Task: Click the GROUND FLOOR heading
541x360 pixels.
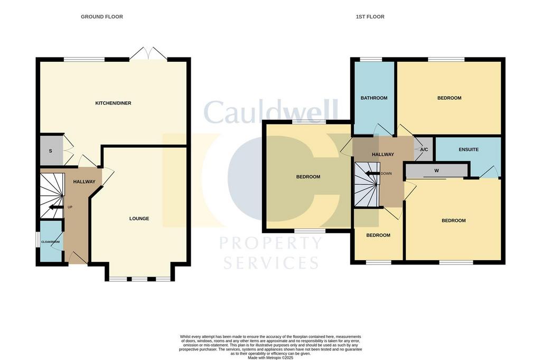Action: click(102, 16)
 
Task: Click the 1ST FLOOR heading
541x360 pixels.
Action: click(370, 16)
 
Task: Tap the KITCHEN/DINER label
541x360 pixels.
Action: click(113, 103)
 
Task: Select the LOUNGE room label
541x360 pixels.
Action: click(139, 219)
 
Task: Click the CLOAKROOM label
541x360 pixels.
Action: click(50, 242)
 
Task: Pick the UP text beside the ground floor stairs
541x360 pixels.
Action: click(70, 207)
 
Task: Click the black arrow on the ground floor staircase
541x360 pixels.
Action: click(56, 207)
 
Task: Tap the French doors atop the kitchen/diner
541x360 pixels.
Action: click(149, 53)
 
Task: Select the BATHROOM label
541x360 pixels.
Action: click(374, 98)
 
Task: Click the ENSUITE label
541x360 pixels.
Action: click(469, 150)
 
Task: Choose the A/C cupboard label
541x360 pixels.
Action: click(424, 150)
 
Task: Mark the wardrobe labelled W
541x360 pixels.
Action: click(436, 170)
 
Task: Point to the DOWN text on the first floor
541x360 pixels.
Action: click(386, 174)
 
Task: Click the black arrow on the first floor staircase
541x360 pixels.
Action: click(372, 174)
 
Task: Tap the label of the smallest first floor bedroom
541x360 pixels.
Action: click(378, 235)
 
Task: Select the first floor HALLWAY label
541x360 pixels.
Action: click(383, 155)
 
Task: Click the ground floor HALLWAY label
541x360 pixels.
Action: click(84, 182)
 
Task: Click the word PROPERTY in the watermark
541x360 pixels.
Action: click(271, 243)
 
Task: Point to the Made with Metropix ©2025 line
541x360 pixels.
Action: click(270, 358)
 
